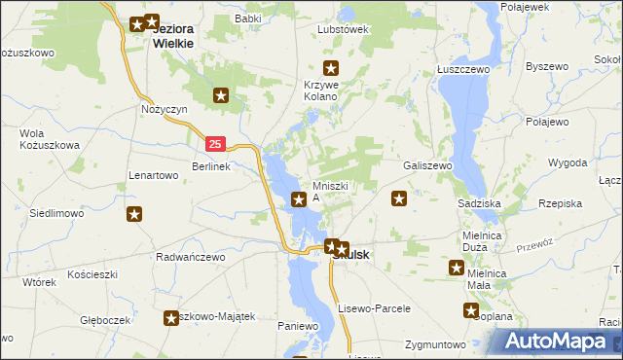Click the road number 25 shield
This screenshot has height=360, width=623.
[x=216, y=144]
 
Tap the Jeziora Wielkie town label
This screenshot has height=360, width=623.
[x=173, y=36]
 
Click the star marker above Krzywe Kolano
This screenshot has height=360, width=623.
[x=331, y=67]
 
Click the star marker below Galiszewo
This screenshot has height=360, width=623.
[x=398, y=199]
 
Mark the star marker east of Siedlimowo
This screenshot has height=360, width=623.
[x=135, y=213]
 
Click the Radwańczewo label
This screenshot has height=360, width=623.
[x=191, y=257]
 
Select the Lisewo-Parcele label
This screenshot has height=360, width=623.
[x=375, y=307]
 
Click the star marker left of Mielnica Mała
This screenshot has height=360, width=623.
[x=456, y=268]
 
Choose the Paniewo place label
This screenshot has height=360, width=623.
[x=298, y=325]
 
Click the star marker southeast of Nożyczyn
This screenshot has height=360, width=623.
[x=221, y=95]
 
